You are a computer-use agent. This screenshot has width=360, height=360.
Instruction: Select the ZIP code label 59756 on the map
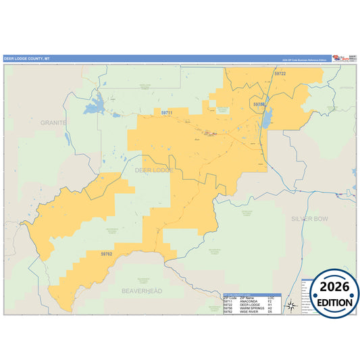click(259, 105)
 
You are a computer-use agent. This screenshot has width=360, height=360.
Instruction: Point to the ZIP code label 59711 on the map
click(168, 112)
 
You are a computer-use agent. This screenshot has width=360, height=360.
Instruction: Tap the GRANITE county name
click(53, 123)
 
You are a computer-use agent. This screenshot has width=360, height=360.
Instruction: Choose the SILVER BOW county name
click(309, 219)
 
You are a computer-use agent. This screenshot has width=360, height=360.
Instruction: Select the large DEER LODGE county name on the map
click(154, 170)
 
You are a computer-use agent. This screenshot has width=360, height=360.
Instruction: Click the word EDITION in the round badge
click(331, 302)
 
